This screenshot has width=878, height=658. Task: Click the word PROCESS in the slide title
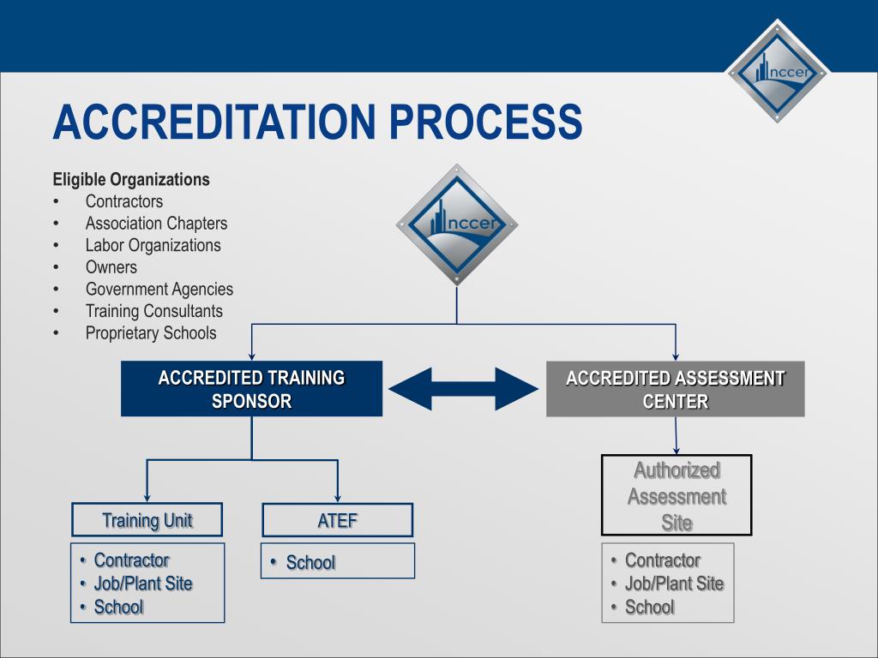486,122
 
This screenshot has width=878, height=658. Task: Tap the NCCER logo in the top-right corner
779,71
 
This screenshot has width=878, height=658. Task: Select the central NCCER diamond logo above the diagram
456,224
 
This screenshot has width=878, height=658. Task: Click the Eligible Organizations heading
131,180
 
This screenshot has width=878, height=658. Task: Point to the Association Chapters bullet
156,224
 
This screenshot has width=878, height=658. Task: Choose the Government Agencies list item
159,290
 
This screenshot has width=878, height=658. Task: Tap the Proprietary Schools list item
151,333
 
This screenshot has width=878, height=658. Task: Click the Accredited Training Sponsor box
251,389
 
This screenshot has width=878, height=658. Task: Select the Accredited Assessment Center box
675,389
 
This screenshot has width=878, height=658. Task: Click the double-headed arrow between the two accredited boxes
463,388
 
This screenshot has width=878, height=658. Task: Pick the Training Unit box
147,520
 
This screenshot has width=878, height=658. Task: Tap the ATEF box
337,520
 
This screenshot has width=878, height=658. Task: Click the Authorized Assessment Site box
677,495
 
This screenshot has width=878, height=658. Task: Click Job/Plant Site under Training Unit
142,584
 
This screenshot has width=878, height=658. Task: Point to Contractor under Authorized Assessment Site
662,560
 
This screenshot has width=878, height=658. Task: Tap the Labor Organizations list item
153,246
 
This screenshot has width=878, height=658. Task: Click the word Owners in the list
111,267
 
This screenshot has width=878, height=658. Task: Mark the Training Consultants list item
153,312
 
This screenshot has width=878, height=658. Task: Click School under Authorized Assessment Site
649,607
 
